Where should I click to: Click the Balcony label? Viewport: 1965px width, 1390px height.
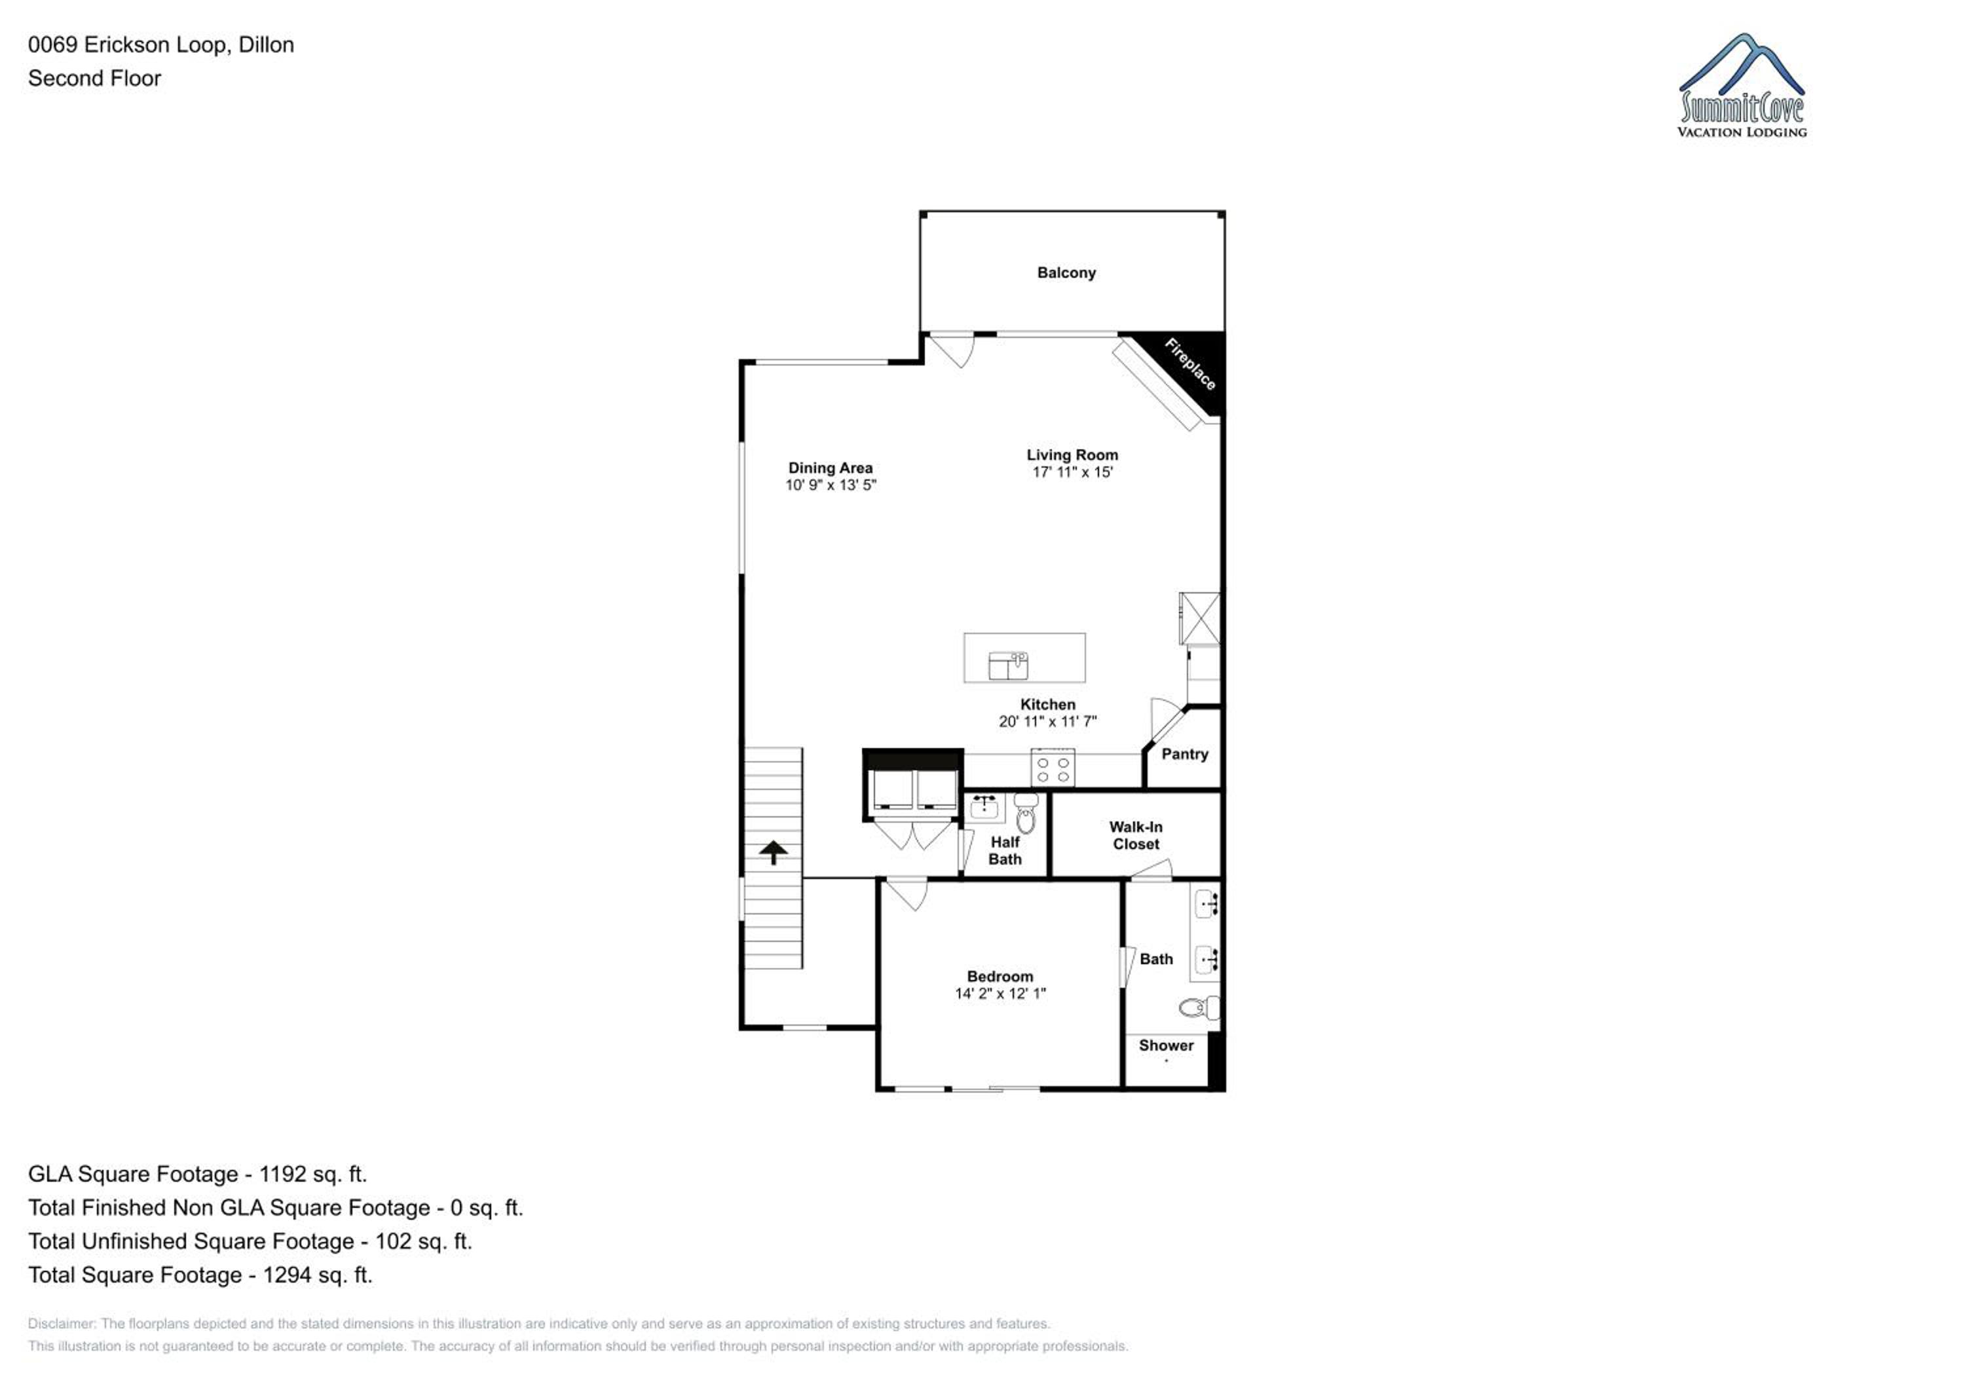pos(1066,273)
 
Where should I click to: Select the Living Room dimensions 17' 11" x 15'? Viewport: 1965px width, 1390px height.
pos(1072,472)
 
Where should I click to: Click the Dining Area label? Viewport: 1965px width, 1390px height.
pos(830,468)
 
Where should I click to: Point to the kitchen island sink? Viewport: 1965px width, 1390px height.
pos(1008,665)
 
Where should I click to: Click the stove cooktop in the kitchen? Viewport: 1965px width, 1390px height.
pos(1053,768)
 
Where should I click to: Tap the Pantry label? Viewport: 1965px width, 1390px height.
pos(1184,754)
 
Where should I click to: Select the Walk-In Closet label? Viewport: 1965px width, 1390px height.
pos(1136,835)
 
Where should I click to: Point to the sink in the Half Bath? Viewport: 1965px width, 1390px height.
pos(984,806)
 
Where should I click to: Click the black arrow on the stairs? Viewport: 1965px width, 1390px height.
pos(774,852)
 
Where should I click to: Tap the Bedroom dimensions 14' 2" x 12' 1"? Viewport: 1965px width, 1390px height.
pos(1000,994)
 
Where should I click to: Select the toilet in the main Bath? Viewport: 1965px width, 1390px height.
pos(1199,1007)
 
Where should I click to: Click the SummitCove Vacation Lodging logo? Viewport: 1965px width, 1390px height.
pos(1742,86)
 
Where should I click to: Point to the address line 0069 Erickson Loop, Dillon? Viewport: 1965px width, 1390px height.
pos(161,45)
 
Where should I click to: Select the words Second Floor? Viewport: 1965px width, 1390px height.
pos(94,78)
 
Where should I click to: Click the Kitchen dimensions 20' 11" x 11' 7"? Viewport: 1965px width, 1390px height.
pos(1047,722)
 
